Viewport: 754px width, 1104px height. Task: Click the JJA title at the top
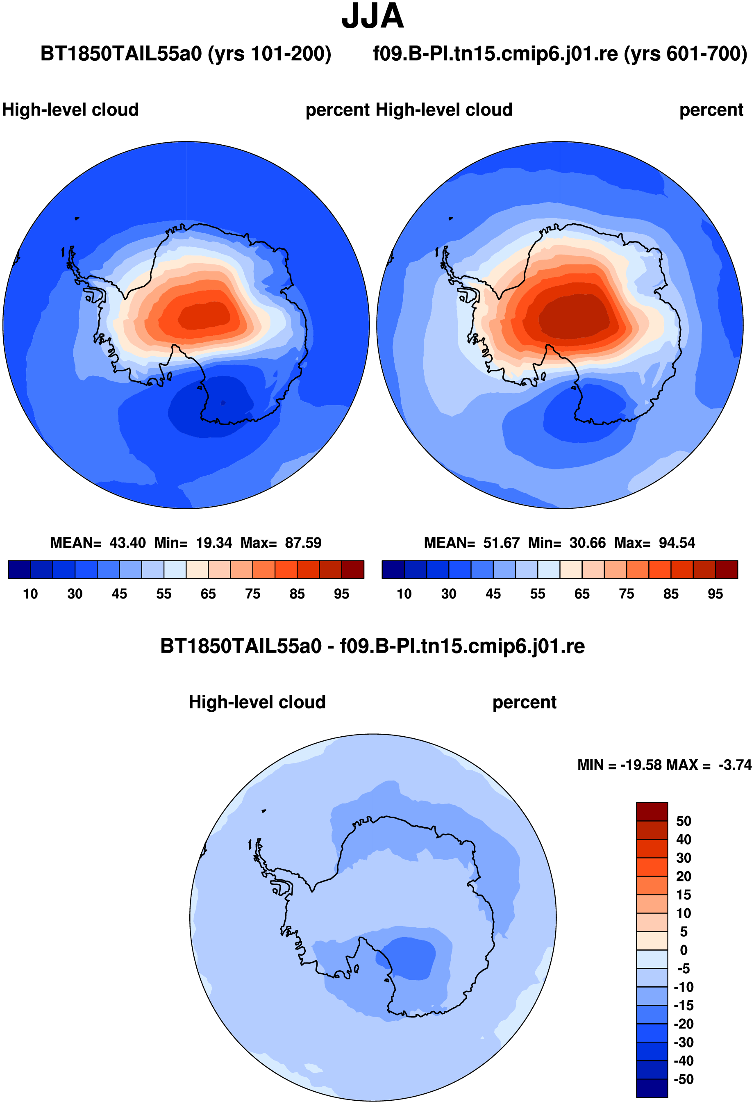pyautogui.click(x=373, y=16)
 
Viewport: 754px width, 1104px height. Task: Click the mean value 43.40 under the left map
pyautogui.click(x=128, y=542)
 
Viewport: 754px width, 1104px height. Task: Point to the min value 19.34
pyautogui.click(x=214, y=542)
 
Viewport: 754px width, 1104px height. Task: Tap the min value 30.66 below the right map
pyautogui.click(x=588, y=542)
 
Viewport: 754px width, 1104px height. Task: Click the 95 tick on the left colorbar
pyautogui.click(x=341, y=594)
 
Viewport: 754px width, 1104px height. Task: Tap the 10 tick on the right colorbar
pyautogui.click(x=404, y=594)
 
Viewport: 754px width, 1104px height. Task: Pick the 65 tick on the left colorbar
pyautogui.click(x=208, y=594)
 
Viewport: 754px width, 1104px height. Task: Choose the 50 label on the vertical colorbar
pyautogui.click(x=684, y=821)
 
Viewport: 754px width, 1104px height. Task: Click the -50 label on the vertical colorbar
pyautogui.click(x=684, y=1079)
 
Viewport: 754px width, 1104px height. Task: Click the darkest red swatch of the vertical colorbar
pyautogui.click(x=652, y=811)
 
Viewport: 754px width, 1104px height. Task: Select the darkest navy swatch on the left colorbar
pyautogui.click(x=20, y=569)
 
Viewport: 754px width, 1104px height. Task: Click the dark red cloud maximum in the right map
pyautogui.click(x=575, y=316)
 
